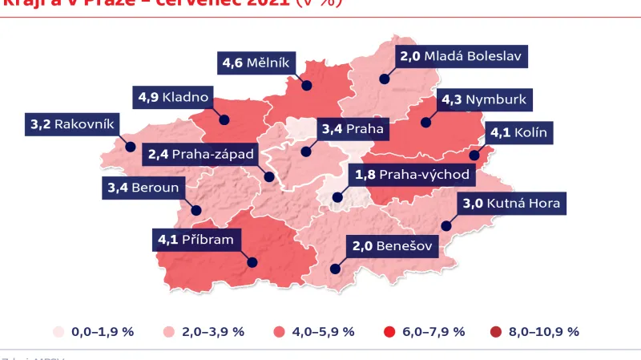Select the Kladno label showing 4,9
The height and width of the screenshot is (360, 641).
pyautogui.click(x=174, y=98)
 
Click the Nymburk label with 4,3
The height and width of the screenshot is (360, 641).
pyautogui.click(x=483, y=101)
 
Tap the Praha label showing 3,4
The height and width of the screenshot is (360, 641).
pyautogui.click(x=353, y=128)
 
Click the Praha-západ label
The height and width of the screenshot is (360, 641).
pyautogui.click(x=201, y=153)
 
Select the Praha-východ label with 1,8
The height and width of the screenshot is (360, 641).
pyautogui.click(x=411, y=174)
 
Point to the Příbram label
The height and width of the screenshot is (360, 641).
pyautogui.click(x=196, y=239)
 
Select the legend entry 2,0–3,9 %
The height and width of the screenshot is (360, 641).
pyautogui.click(x=204, y=331)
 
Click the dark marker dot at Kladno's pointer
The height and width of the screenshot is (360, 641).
pyautogui.click(x=225, y=120)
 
